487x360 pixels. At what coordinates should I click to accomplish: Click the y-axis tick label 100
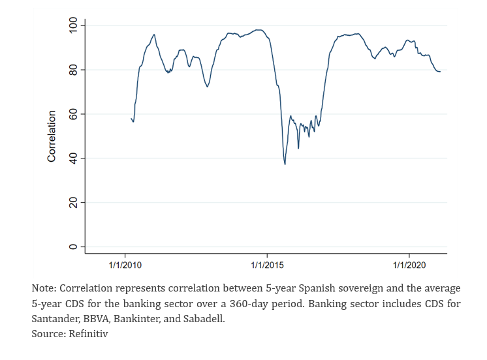click(73, 25)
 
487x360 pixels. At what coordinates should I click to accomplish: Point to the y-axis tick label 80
click(73, 70)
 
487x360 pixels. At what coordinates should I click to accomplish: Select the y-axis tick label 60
click(73, 114)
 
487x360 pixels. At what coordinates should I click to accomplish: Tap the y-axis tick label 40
click(73, 158)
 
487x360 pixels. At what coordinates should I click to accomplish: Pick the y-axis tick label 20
click(73, 203)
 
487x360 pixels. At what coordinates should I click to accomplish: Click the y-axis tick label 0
click(73, 247)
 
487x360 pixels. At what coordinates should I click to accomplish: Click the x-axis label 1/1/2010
click(125, 265)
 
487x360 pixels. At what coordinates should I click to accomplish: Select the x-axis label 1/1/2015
click(267, 265)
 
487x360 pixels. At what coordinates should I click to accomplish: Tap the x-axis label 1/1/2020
click(409, 265)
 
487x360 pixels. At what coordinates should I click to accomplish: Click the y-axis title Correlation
click(52, 136)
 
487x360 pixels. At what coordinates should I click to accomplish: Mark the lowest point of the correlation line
click(285, 164)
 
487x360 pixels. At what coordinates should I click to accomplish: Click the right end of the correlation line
click(440, 72)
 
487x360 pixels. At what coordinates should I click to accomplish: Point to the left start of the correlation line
click(131, 118)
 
